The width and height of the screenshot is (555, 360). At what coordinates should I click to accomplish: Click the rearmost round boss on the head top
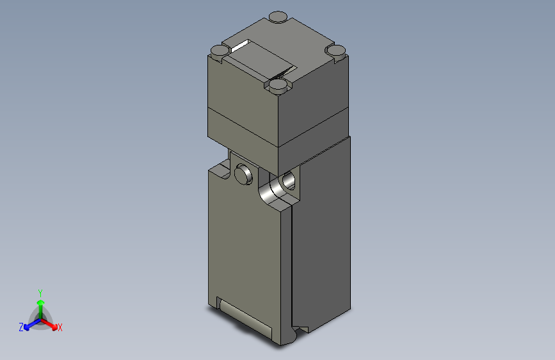point(278,17)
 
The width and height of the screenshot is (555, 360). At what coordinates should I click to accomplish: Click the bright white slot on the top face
point(240,45)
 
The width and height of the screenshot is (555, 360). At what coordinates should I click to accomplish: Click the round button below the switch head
point(243,173)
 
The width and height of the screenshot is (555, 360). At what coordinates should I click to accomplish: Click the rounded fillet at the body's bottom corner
point(298,332)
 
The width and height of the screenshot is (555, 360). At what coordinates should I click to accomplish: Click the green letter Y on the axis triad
point(40,291)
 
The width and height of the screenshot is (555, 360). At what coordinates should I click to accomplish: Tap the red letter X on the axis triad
point(60,328)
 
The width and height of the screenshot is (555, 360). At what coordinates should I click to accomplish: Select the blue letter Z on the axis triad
point(21,327)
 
